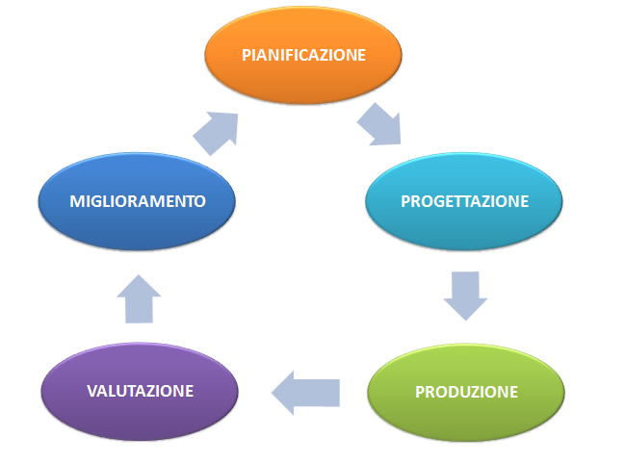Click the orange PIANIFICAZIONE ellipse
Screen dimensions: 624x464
303,55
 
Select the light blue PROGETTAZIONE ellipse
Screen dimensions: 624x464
464,201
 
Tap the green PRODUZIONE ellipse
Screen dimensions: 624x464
466,393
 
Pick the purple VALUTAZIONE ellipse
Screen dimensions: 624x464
140,392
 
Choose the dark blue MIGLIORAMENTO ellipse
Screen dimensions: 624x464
137,201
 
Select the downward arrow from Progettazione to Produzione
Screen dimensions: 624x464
465,296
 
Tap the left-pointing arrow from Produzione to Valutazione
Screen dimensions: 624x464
305,393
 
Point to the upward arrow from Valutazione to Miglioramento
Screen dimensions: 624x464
139,298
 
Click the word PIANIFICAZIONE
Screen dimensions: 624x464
303,55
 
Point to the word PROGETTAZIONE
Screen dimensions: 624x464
464,201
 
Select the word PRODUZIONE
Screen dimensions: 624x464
466,393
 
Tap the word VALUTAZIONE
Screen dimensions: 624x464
140,391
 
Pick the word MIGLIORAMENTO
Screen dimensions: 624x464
138,201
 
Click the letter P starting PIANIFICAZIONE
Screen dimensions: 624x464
247,55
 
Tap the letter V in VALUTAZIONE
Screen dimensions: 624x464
92,391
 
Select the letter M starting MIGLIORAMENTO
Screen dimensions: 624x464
77,201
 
